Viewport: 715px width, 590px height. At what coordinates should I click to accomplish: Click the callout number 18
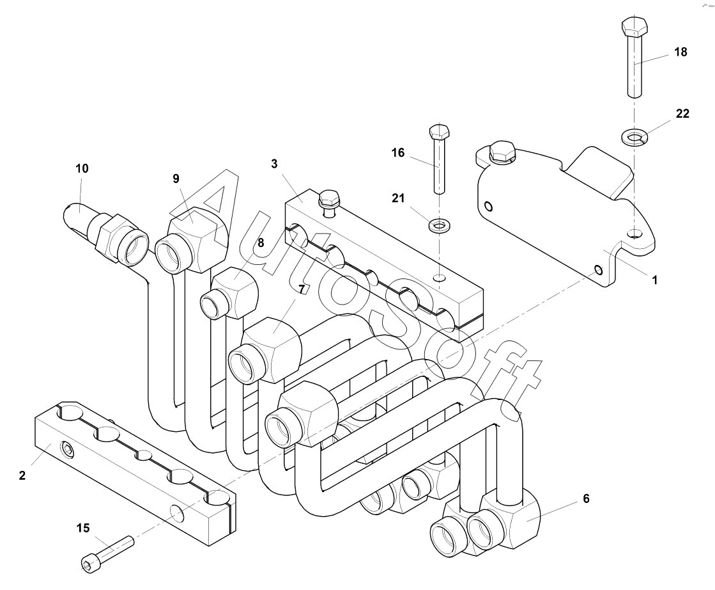[x=680, y=52]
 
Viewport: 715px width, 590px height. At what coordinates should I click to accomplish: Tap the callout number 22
[x=682, y=113]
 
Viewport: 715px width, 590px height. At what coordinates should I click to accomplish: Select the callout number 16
[x=397, y=152]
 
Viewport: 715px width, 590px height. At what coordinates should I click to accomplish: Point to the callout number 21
[x=398, y=198]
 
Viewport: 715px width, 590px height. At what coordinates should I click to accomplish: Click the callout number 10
[x=82, y=168]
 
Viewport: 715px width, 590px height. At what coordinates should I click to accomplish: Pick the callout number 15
[x=83, y=529]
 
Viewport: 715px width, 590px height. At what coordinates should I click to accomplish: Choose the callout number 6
[x=586, y=498]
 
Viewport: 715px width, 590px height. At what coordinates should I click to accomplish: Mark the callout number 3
[x=274, y=164]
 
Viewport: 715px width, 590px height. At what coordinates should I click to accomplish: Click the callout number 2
[x=22, y=475]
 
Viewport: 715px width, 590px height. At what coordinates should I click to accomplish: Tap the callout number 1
[x=655, y=280]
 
